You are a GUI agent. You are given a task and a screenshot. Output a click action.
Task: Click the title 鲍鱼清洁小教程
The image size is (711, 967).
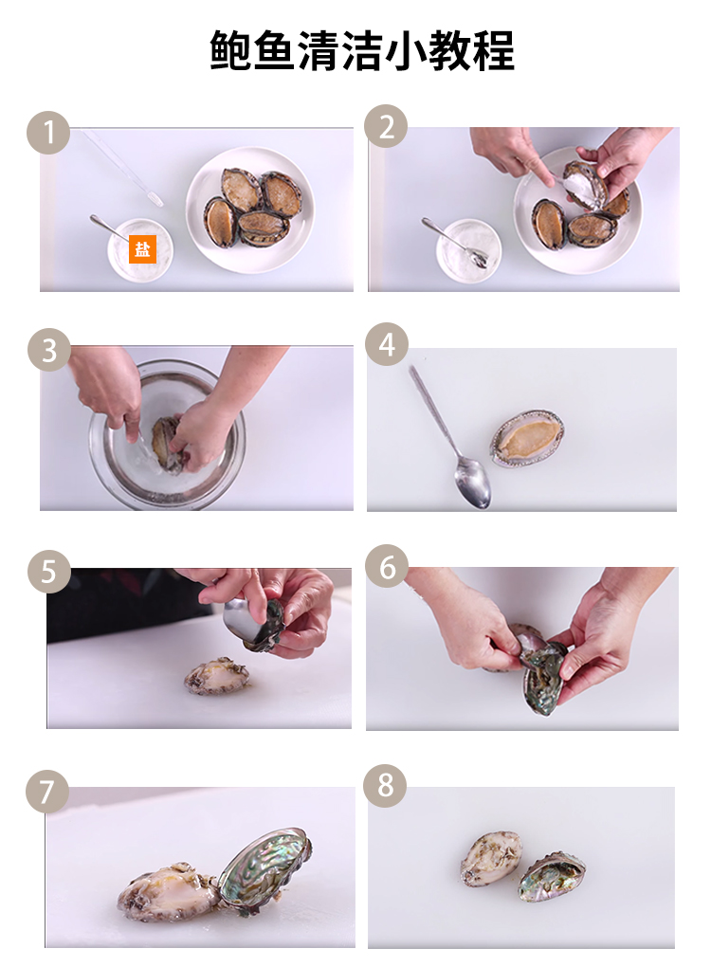click(x=362, y=50)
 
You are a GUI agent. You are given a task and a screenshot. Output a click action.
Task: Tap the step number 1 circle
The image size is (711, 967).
click(x=48, y=133)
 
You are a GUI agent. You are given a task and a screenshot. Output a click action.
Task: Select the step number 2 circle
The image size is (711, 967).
click(x=386, y=126)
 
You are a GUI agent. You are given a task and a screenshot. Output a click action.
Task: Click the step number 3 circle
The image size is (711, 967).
click(x=48, y=350)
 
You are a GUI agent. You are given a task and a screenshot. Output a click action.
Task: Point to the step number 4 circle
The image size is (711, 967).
click(x=387, y=344)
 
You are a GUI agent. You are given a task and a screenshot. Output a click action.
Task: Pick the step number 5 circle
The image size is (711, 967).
click(x=48, y=572)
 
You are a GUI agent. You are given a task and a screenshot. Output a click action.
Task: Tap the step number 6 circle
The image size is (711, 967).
click(x=387, y=566)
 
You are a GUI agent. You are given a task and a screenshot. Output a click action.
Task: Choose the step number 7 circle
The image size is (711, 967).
click(x=46, y=792)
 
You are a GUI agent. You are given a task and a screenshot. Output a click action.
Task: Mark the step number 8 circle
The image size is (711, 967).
click(x=386, y=786)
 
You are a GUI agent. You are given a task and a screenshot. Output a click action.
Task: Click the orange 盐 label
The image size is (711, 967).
click(x=142, y=249)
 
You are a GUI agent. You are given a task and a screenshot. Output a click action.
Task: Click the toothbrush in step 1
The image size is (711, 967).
click(x=123, y=167)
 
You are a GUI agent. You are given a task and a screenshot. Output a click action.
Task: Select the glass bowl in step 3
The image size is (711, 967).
click(x=167, y=434)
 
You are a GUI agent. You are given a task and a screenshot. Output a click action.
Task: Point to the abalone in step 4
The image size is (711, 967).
click(x=527, y=439)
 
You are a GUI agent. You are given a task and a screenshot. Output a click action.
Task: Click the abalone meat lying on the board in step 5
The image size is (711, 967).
click(x=218, y=677)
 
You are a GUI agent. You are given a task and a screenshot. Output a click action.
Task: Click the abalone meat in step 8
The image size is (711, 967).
click(x=491, y=859)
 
